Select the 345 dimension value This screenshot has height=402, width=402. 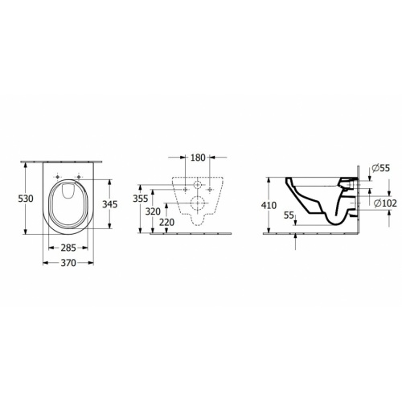[x=110, y=204]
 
